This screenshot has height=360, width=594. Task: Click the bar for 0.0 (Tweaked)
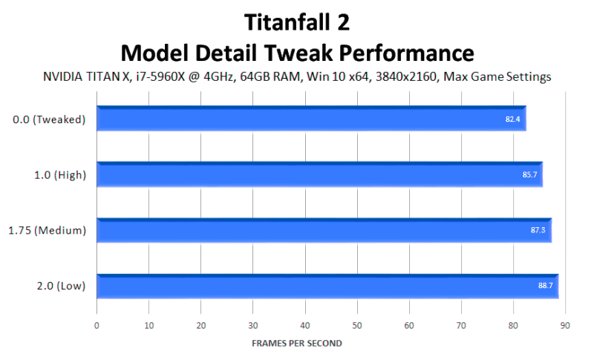click(x=311, y=119)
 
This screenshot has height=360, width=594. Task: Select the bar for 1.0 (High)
click(x=320, y=174)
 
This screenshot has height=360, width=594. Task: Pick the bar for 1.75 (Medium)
click(x=324, y=230)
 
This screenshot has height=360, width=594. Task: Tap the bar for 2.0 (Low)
click(x=327, y=287)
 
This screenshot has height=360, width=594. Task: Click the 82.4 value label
click(x=512, y=120)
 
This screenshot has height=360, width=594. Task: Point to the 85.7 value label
click(x=529, y=174)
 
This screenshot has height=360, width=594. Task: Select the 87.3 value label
click(x=538, y=230)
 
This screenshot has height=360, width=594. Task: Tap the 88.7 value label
click(x=546, y=286)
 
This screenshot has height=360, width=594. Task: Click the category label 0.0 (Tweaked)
click(x=49, y=120)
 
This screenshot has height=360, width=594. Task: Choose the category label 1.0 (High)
click(x=60, y=175)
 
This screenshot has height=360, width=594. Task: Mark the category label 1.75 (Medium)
click(x=48, y=231)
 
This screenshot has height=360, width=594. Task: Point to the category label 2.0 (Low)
click(x=62, y=287)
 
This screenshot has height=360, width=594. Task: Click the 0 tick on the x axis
click(x=97, y=326)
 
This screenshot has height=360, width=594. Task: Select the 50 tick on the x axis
click(x=357, y=326)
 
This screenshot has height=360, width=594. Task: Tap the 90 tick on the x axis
click(x=565, y=326)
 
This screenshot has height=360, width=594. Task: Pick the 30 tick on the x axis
click(x=253, y=326)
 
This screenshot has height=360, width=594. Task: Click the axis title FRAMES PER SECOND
click(x=297, y=344)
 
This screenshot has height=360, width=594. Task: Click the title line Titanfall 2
click(x=297, y=22)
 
